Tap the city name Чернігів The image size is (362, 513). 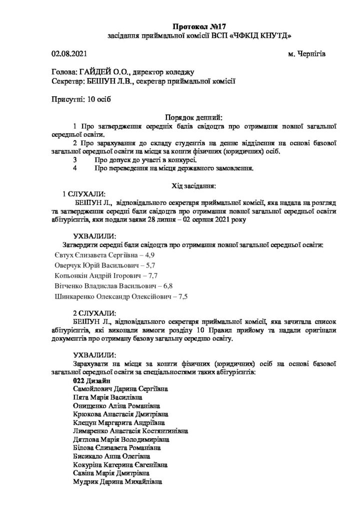(312, 54)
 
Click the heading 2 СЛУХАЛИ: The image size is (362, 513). (95, 313)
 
